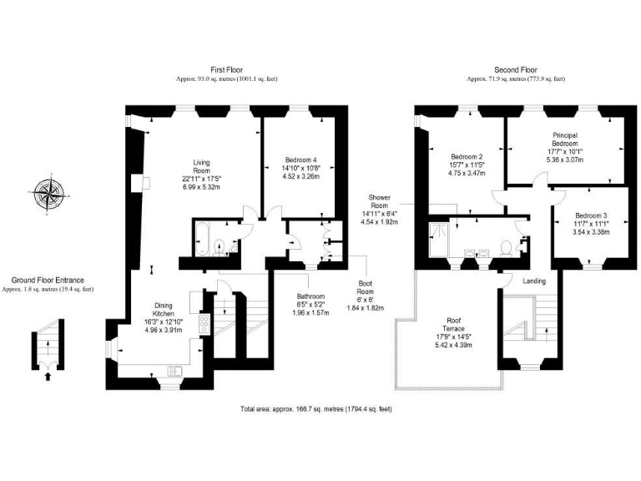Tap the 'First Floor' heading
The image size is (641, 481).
point(226,70)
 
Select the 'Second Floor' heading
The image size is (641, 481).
point(516,70)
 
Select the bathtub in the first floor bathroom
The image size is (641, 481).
point(202,237)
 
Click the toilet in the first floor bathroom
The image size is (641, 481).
point(219,246)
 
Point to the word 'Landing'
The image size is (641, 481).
point(533,281)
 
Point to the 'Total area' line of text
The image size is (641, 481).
point(315,409)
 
